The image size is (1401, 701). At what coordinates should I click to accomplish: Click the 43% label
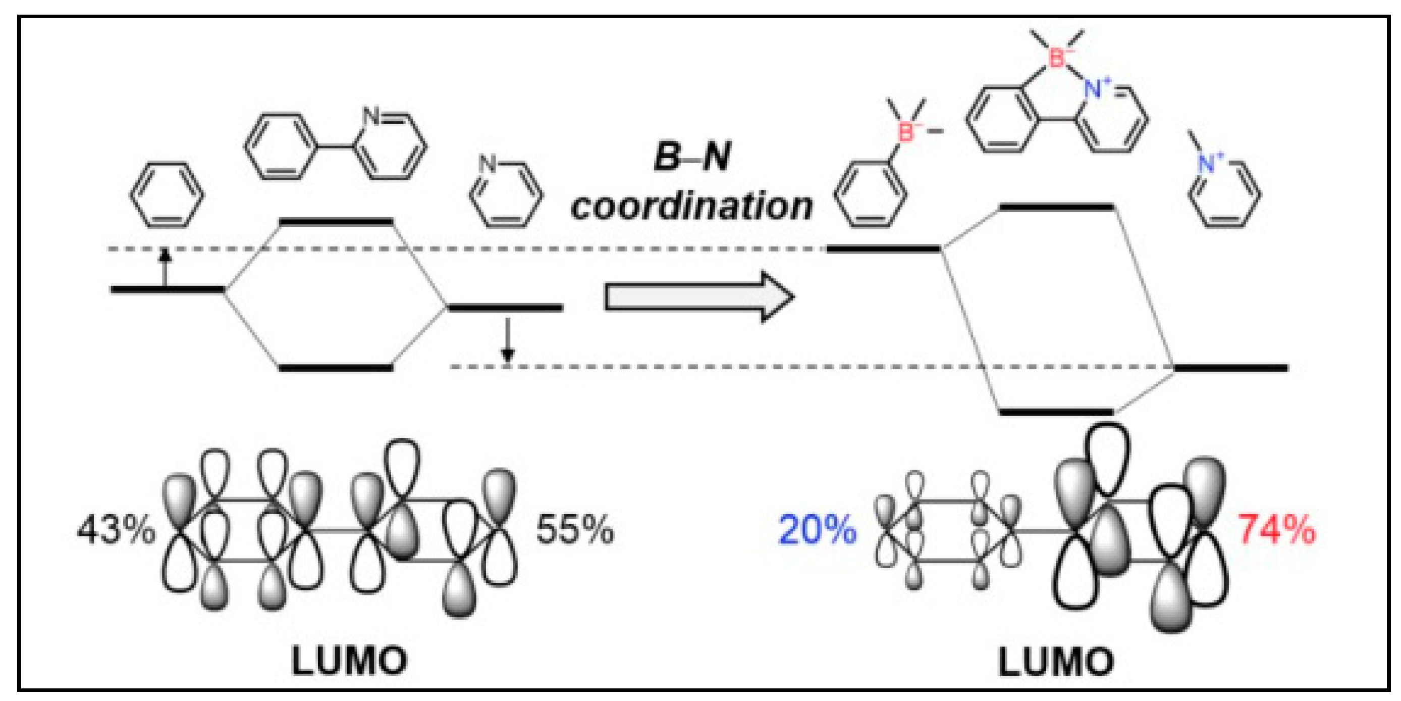point(116,530)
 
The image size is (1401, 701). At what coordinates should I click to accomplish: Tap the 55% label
point(575,530)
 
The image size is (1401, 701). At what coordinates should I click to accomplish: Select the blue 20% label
point(817,530)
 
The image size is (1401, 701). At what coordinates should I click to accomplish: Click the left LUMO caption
point(349,661)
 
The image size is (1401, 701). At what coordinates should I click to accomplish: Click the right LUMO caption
point(1056,662)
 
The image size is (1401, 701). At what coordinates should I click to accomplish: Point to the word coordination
point(691,208)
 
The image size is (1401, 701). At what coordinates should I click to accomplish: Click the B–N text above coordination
point(692,157)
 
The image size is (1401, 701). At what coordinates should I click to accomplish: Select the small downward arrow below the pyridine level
point(507,341)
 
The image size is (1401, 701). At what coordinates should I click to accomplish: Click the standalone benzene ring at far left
point(167,195)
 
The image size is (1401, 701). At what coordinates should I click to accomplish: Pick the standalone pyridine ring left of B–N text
point(506,194)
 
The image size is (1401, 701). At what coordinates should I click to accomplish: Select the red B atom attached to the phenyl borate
point(906,132)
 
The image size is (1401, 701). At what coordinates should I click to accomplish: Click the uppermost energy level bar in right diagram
point(1057,208)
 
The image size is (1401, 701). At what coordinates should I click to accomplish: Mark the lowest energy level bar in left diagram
point(336,368)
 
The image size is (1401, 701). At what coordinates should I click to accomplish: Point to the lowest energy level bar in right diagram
point(1057,412)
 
